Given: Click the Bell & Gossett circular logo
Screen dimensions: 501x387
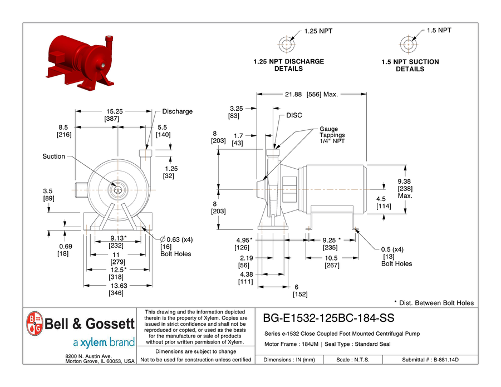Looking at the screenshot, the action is click(35, 324).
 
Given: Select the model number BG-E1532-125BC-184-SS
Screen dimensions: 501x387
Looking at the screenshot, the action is click(328, 318).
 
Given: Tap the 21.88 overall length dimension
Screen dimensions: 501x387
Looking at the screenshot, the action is click(293, 94).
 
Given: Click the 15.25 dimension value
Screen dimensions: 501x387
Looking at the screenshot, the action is click(114, 111).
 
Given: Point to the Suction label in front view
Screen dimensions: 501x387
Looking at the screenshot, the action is click(53, 156).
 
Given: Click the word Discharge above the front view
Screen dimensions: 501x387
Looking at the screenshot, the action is click(178, 111).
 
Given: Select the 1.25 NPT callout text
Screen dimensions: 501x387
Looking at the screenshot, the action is click(318, 31).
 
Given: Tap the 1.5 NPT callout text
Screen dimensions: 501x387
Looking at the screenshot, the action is click(439, 31).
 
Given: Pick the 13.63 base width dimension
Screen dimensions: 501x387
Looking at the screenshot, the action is click(119, 286).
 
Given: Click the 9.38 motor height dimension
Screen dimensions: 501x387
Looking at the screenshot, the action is click(404, 181).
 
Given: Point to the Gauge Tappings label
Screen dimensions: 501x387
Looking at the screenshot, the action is click(332, 135).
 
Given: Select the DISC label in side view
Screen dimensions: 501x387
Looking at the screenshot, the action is click(294, 115).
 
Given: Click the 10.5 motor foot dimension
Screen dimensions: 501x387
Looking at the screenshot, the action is click(331, 258).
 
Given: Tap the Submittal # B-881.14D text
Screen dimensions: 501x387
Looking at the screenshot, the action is click(430, 360).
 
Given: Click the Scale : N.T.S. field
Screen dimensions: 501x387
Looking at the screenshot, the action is click(353, 360).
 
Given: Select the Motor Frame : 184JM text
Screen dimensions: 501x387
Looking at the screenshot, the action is click(291, 344).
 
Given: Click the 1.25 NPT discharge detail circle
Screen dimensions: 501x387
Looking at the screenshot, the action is click(287, 45).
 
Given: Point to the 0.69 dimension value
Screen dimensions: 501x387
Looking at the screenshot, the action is click(66, 246).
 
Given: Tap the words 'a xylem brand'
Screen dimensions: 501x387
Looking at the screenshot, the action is click(104, 342).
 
